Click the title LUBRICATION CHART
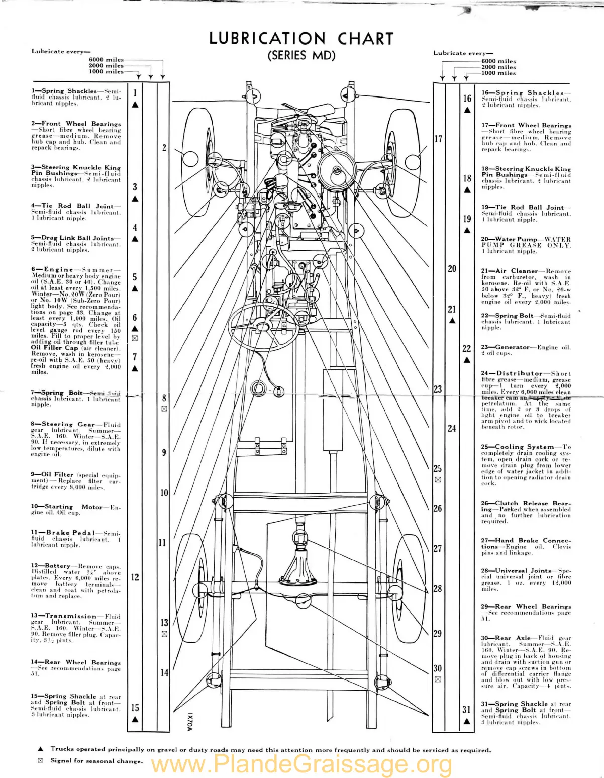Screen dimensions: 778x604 click(301, 39)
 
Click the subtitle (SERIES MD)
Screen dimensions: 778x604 click(301, 55)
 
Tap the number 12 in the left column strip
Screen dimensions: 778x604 click(135, 577)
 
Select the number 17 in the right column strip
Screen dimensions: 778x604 click(438, 139)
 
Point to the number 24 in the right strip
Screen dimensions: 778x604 click(452, 428)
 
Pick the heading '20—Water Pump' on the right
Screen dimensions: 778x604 click(508, 239)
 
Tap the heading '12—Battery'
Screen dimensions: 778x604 click(51, 566)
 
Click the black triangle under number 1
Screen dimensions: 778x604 click(135, 105)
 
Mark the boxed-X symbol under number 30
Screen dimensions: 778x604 click(438, 680)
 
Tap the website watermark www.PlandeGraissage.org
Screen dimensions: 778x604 click(301, 765)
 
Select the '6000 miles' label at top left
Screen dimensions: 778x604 click(106, 60)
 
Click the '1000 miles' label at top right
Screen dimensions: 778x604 click(498, 73)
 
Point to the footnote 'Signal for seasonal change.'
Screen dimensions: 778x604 click(96, 761)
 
